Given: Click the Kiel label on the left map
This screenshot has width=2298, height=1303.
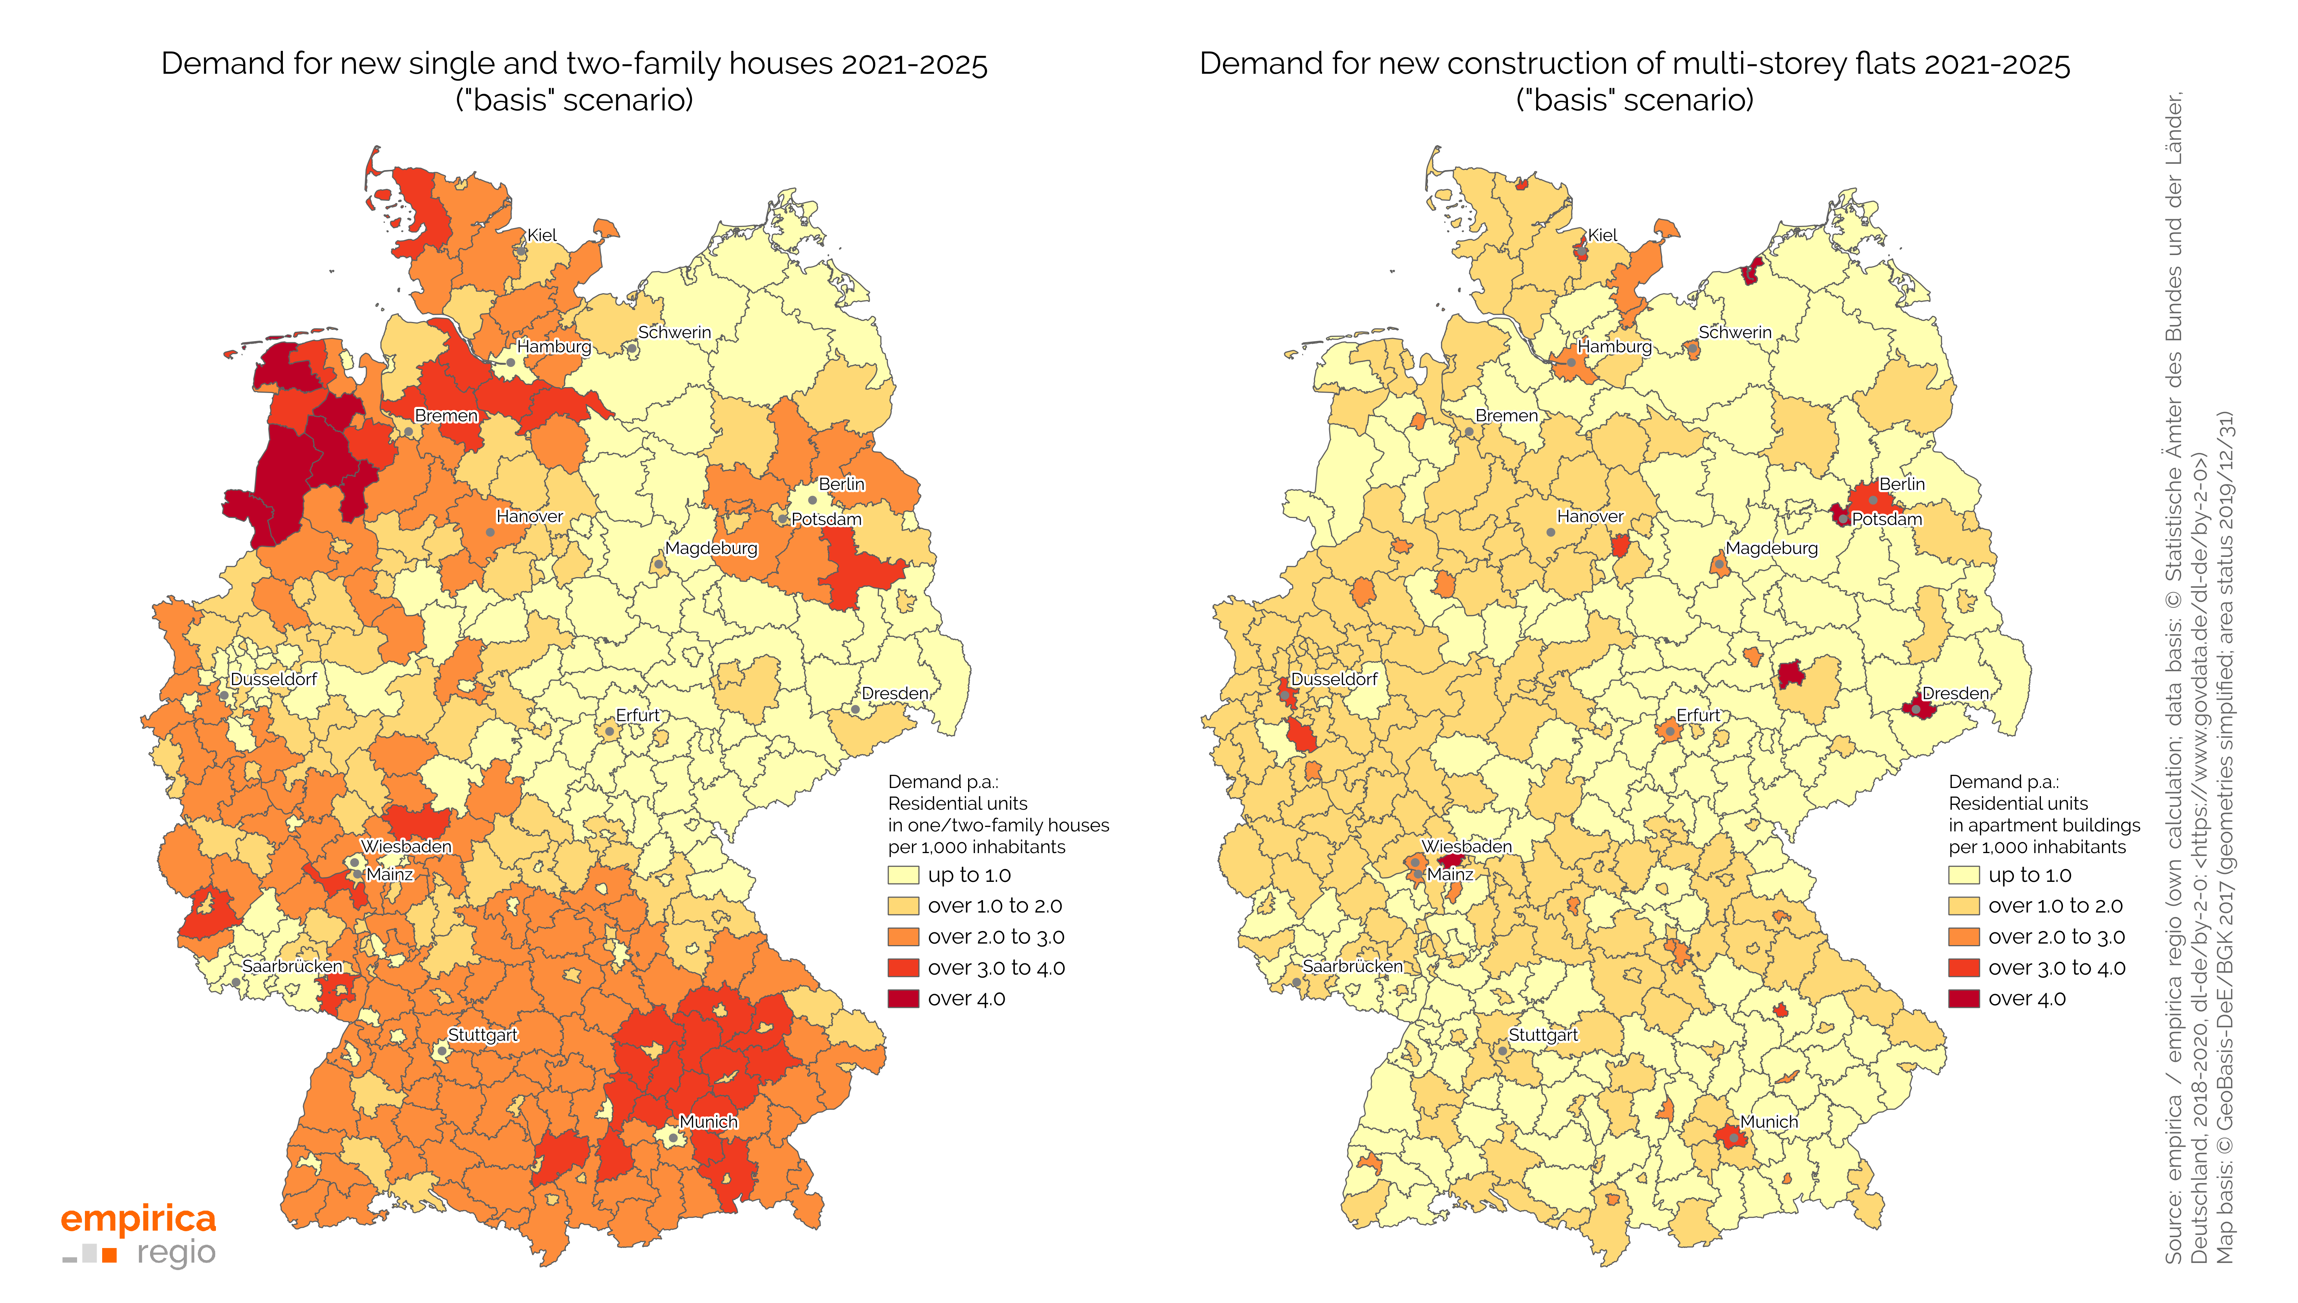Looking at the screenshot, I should click(541, 235).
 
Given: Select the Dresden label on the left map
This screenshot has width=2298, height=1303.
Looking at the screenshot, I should click(894, 693).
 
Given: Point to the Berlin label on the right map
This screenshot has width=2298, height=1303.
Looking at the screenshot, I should click(1901, 484).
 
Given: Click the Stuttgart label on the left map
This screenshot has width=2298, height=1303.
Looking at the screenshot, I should click(482, 1036).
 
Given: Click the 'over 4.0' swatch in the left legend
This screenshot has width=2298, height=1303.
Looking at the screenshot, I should click(903, 999).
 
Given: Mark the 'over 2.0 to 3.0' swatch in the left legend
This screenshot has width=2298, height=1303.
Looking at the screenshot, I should click(903, 937).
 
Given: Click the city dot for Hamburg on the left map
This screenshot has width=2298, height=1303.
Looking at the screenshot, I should click(510, 362).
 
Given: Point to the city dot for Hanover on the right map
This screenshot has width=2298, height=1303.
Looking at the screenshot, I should click(1550, 533).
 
